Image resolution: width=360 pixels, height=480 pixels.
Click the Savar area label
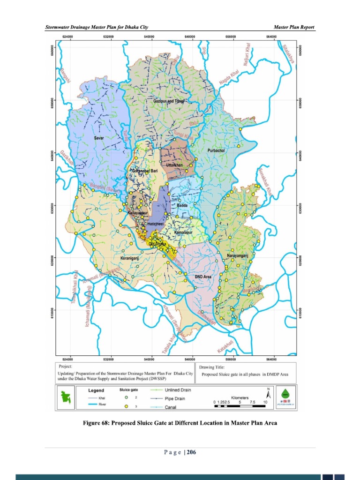point(99,138)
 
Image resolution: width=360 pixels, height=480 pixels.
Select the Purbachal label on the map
point(216,150)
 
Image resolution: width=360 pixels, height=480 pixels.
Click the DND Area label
point(203,277)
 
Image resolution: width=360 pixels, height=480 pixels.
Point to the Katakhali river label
point(225,347)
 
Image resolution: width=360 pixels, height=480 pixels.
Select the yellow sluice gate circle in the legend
point(127,406)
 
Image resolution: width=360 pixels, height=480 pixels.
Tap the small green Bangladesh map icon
point(66,398)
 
